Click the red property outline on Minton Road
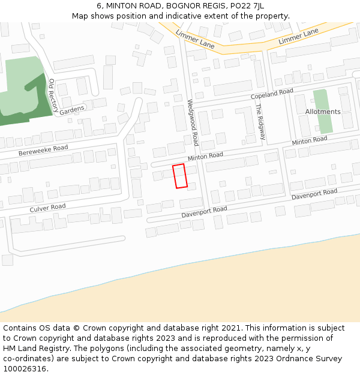tap(180, 176)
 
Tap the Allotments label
tap(323, 112)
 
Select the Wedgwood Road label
tap(192, 122)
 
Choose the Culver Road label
tap(47, 208)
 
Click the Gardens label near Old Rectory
tap(72, 110)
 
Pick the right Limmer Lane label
tap(299, 37)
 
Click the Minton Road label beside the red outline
tap(205, 156)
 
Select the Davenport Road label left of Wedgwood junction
tap(205, 212)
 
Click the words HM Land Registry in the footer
tap(34, 348)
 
